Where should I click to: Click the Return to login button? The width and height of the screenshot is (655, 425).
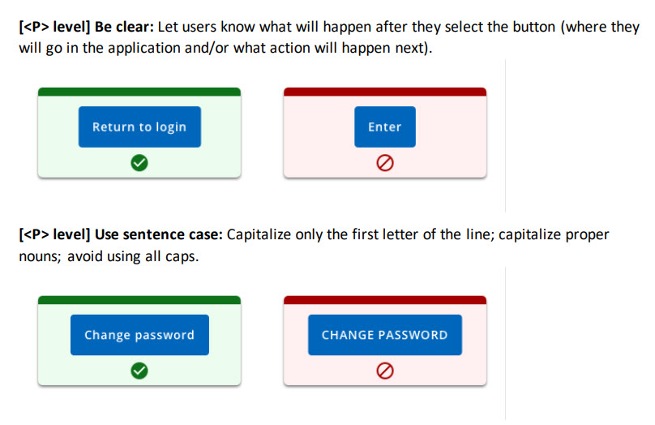pos(139,127)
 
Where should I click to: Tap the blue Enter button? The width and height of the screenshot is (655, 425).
pos(384,127)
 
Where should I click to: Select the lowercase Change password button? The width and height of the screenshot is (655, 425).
pos(139,335)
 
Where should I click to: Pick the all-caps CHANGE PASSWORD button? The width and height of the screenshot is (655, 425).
pos(384,335)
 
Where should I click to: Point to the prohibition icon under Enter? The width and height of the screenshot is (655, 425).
pos(384,164)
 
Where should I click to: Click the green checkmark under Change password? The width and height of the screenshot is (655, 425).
pos(139,371)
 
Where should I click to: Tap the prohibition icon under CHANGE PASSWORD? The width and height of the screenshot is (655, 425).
pos(384,371)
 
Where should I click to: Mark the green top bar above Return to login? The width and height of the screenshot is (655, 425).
pos(139,92)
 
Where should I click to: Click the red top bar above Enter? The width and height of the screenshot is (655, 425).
pos(384,92)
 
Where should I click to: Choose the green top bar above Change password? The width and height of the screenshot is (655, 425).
pos(139,300)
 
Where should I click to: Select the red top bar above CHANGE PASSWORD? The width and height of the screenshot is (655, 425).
pos(384,300)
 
